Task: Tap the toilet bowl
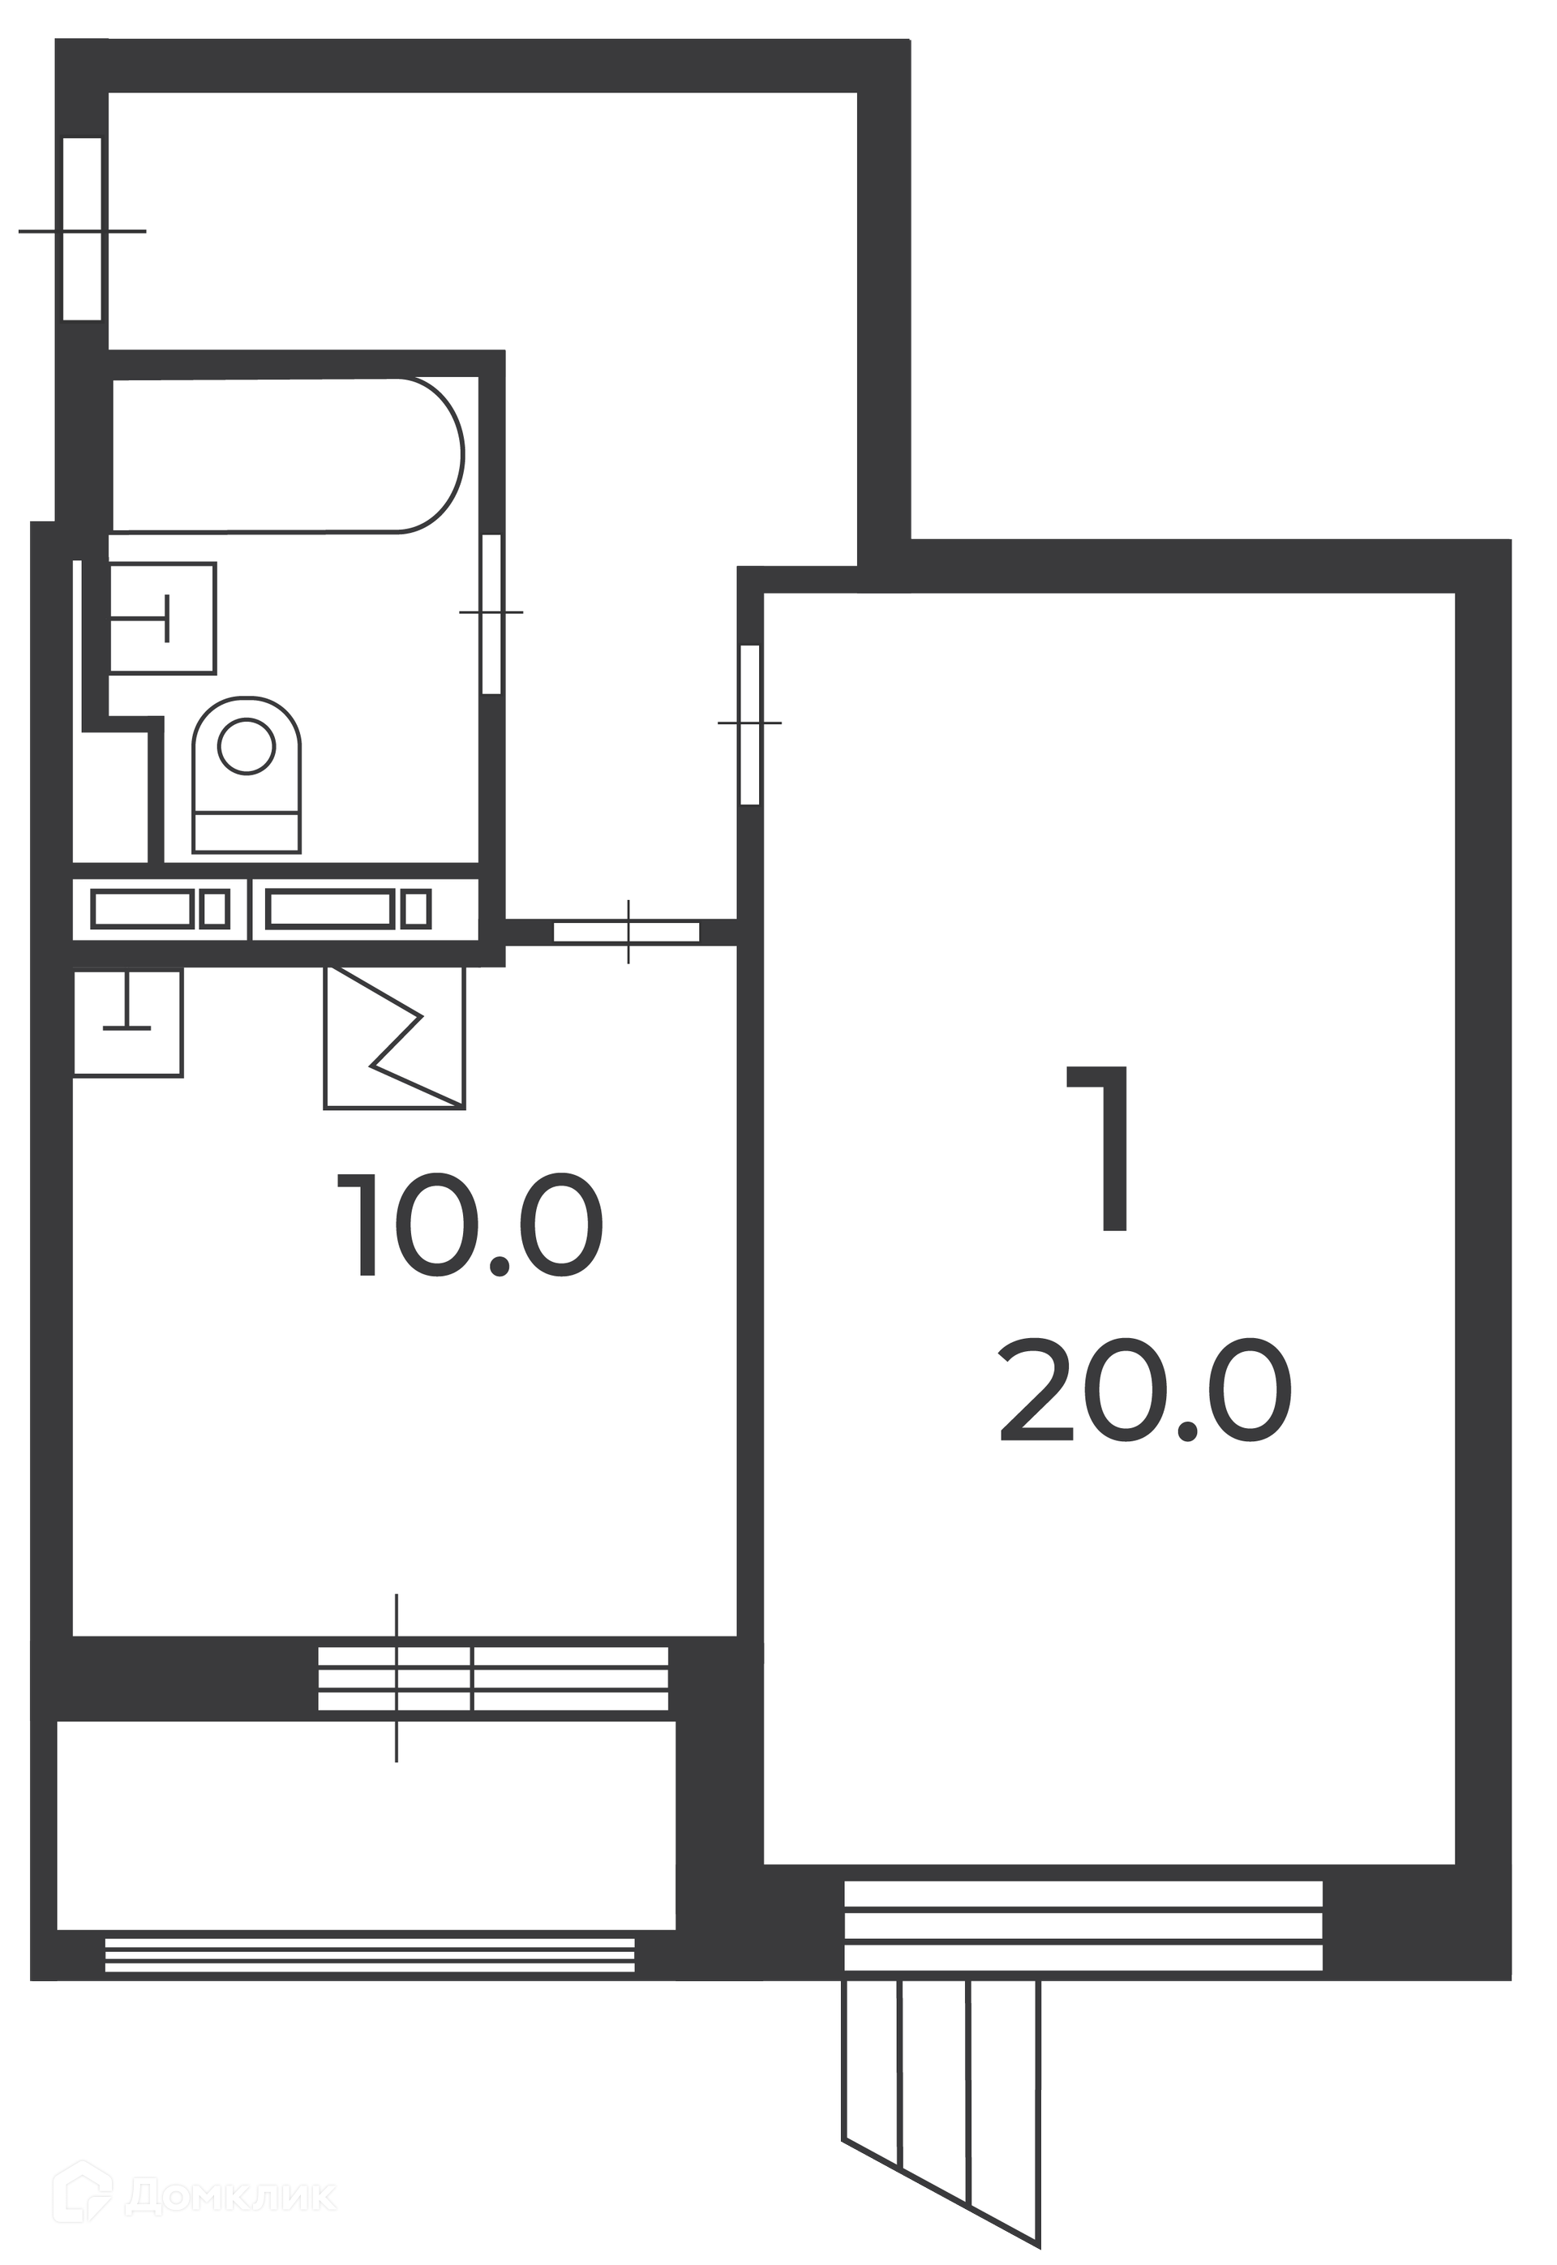tap(247, 774)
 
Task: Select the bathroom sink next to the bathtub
tap(162, 617)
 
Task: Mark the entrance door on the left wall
tap(83, 230)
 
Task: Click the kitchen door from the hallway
tap(628, 932)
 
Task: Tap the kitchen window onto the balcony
tap(494, 1679)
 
